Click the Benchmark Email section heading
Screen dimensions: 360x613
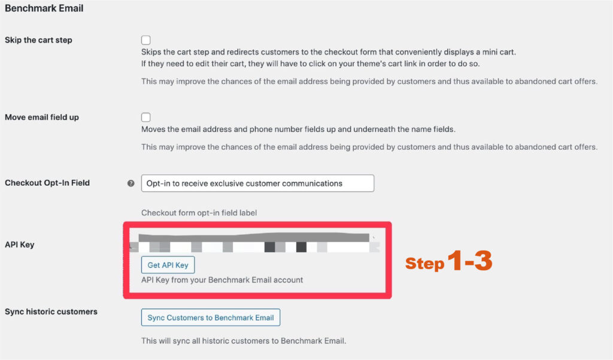pos(44,8)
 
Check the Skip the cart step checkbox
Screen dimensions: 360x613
pos(146,40)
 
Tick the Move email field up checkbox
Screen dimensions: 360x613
pos(146,117)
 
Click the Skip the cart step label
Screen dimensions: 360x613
pos(38,40)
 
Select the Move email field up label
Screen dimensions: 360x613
pos(42,117)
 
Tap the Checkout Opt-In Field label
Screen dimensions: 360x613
pos(47,183)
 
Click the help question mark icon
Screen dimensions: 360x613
pos(131,183)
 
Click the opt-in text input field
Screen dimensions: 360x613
pos(257,183)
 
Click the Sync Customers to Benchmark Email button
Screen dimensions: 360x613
pos(211,317)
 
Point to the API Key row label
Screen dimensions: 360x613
pos(19,244)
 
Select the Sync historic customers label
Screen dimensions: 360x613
pos(51,311)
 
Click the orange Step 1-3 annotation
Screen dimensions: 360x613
pos(448,262)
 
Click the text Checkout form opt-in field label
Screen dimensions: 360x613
pos(199,213)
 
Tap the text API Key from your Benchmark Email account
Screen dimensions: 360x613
pos(222,280)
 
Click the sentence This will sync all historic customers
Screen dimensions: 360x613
pos(244,341)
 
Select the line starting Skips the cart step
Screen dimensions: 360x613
pos(328,52)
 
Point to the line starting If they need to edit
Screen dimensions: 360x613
pos(310,63)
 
